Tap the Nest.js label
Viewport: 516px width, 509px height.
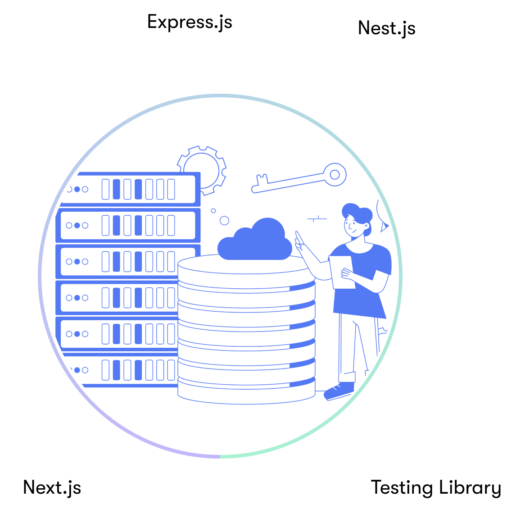[x=386, y=28]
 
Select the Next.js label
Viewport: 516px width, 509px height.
[x=52, y=487]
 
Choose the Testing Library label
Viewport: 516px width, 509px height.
[x=435, y=487]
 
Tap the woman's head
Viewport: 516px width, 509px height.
[x=356, y=219]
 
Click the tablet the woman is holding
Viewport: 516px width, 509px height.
[x=342, y=272]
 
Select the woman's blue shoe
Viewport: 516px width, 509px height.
[x=339, y=391]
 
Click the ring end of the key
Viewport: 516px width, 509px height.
[x=335, y=174]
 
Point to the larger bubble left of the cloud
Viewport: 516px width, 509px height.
[x=224, y=220]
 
